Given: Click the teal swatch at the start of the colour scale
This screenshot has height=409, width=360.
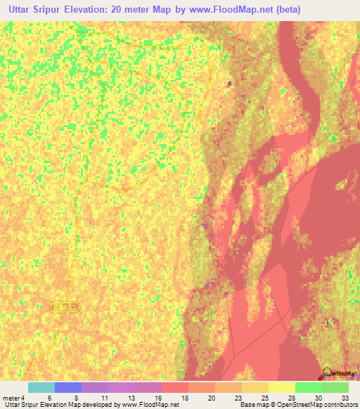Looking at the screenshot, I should click(x=41, y=387).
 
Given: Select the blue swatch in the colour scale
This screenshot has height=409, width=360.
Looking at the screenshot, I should click(x=68, y=387).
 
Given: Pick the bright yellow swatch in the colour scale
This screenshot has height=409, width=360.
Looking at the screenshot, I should click(x=281, y=387).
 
